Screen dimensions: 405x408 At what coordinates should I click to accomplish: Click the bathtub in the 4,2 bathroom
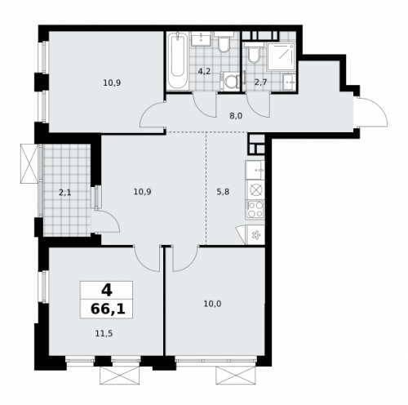point(177,61)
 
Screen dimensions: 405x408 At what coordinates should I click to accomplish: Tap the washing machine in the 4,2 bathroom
point(231,80)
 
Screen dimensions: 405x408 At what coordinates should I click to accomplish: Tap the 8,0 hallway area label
point(236,117)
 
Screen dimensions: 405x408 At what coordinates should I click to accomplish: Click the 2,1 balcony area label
point(65,192)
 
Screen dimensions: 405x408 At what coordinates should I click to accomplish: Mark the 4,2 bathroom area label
point(204,71)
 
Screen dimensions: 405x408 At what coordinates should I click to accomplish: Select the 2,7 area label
point(261,82)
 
